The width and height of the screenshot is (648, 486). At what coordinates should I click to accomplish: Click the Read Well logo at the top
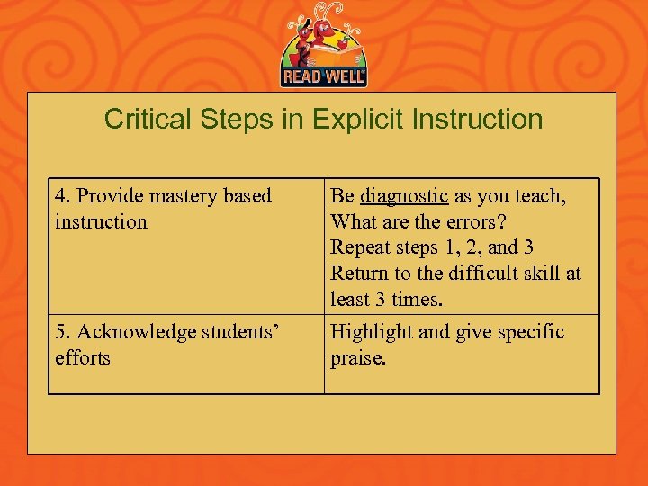click(x=323, y=47)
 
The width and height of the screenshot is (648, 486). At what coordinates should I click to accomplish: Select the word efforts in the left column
click(x=82, y=357)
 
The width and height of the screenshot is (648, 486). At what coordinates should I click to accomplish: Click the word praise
click(x=357, y=357)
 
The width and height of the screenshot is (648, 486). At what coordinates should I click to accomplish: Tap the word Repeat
click(x=358, y=247)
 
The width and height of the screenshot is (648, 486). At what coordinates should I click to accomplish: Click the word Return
click(x=359, y=273)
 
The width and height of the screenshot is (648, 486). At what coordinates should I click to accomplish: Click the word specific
click(x=526, y=332)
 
